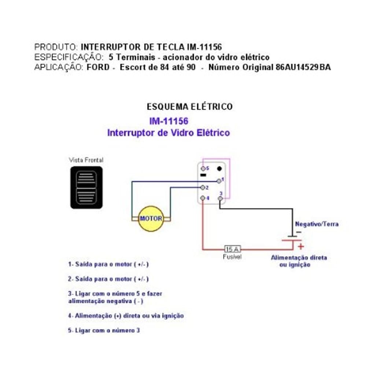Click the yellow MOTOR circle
click(151, 219)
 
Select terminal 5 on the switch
click(203, 168)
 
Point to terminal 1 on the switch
click(219, 180)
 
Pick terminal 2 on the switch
click(202, 187)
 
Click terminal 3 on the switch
click(220, 198)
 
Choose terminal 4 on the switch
click(203, 198)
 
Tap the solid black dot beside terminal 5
click(220, 169)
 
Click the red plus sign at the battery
click(301, 246)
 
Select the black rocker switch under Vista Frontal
click(86, 187)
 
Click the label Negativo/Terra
click(317, 224)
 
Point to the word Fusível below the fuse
click(232, 257)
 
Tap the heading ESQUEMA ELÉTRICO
click(189, 107)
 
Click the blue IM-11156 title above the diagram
click(169, 121)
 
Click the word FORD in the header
click(98, 67)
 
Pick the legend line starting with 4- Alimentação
click(126, 316)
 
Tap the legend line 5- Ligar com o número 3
click(104, 330)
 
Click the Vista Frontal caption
click(86, 160)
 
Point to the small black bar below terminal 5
click(203, 175)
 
